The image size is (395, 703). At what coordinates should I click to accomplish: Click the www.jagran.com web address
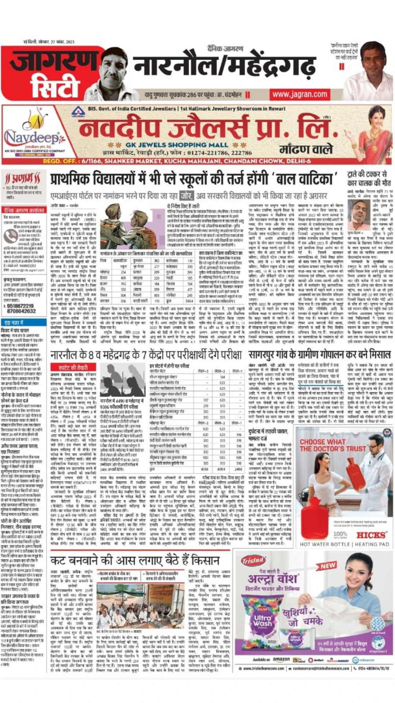coord(300,94)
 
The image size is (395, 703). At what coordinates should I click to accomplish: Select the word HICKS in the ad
coord(371,535)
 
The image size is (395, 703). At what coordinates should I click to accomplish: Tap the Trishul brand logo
coord(253,561)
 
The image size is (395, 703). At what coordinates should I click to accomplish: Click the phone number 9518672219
coord(20,306)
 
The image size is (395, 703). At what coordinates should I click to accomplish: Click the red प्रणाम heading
coord(22,179)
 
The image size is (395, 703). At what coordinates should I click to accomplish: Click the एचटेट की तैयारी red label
coord(74,367)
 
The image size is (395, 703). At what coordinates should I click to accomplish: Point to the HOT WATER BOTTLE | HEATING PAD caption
coord(344,544)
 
